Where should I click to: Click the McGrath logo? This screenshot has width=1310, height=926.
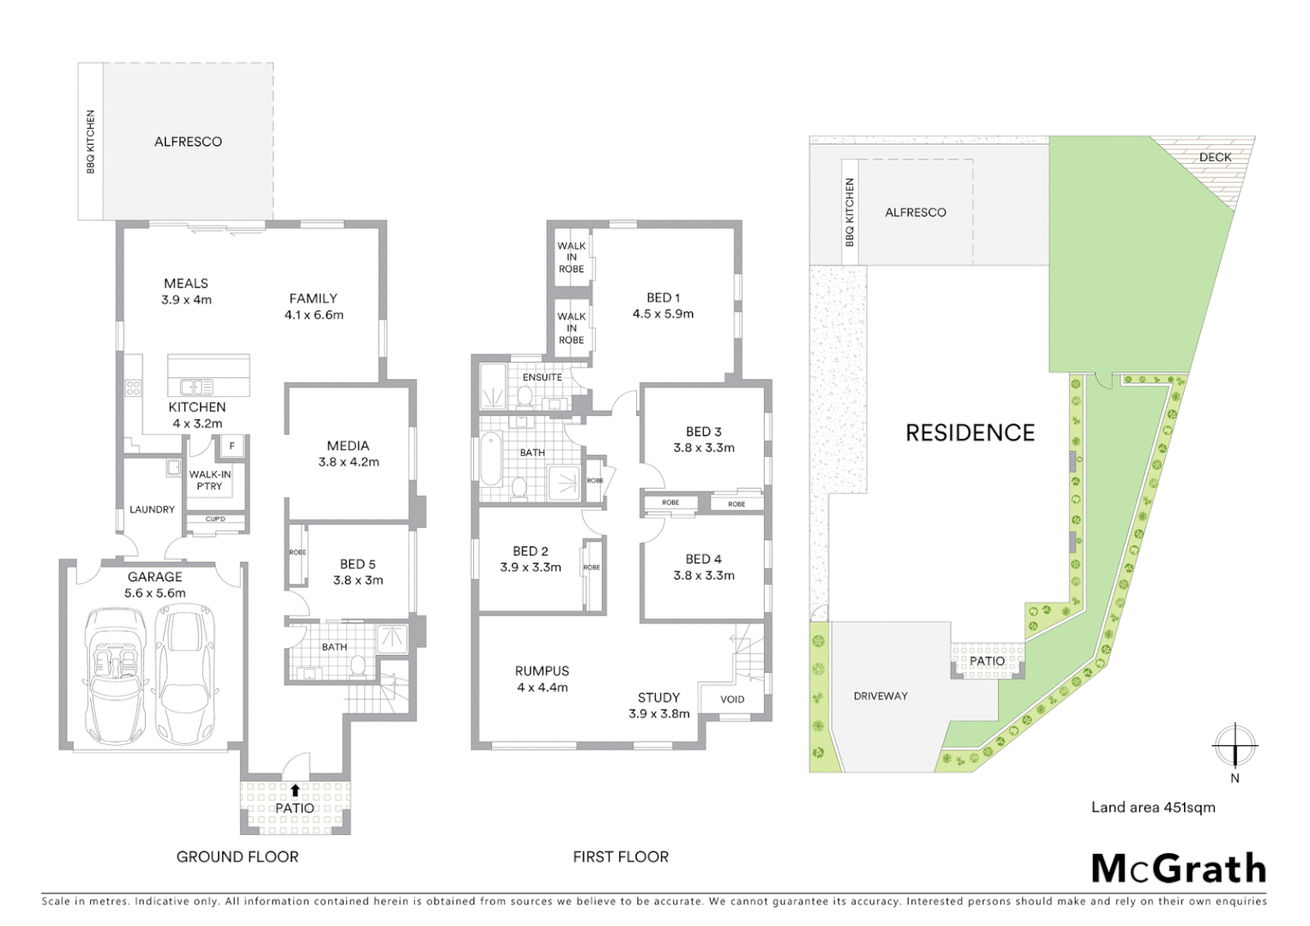click(x=1178, y=869)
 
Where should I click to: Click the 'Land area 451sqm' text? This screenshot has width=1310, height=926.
click(x=1152, y=807)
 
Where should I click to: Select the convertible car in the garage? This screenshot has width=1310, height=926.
click(x=115, y=676)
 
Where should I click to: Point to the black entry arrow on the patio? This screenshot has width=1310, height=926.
click(x=295, y=790)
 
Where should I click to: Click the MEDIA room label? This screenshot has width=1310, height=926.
click(x=347, y=446)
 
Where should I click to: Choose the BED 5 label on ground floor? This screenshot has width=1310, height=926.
click(x=358, y=564)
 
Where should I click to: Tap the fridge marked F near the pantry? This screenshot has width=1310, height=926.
click(x=231, y=446)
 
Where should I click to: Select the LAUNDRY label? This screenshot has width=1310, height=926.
click(x=152, y=509)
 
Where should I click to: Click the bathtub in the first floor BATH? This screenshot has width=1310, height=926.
click(x=490, y=460)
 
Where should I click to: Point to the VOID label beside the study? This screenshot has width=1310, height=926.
click(x=732, y=699)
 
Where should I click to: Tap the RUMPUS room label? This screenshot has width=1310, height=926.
click(x=542, y=671)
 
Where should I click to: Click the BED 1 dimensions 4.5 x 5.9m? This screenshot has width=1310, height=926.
click(x=663, y=314)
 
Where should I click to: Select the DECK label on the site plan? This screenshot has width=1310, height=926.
click(x=1215, y=157)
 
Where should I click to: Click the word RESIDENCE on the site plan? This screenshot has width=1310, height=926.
click(x=970, y=433)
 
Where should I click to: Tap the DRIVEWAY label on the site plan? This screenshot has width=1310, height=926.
click(x=880, y=696)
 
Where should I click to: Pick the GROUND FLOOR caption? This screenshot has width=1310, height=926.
click(x=237, y=857)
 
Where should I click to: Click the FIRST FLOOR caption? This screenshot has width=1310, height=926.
click(x=621, y=857)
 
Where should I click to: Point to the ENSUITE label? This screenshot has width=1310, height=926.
click(x=542, y=377)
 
